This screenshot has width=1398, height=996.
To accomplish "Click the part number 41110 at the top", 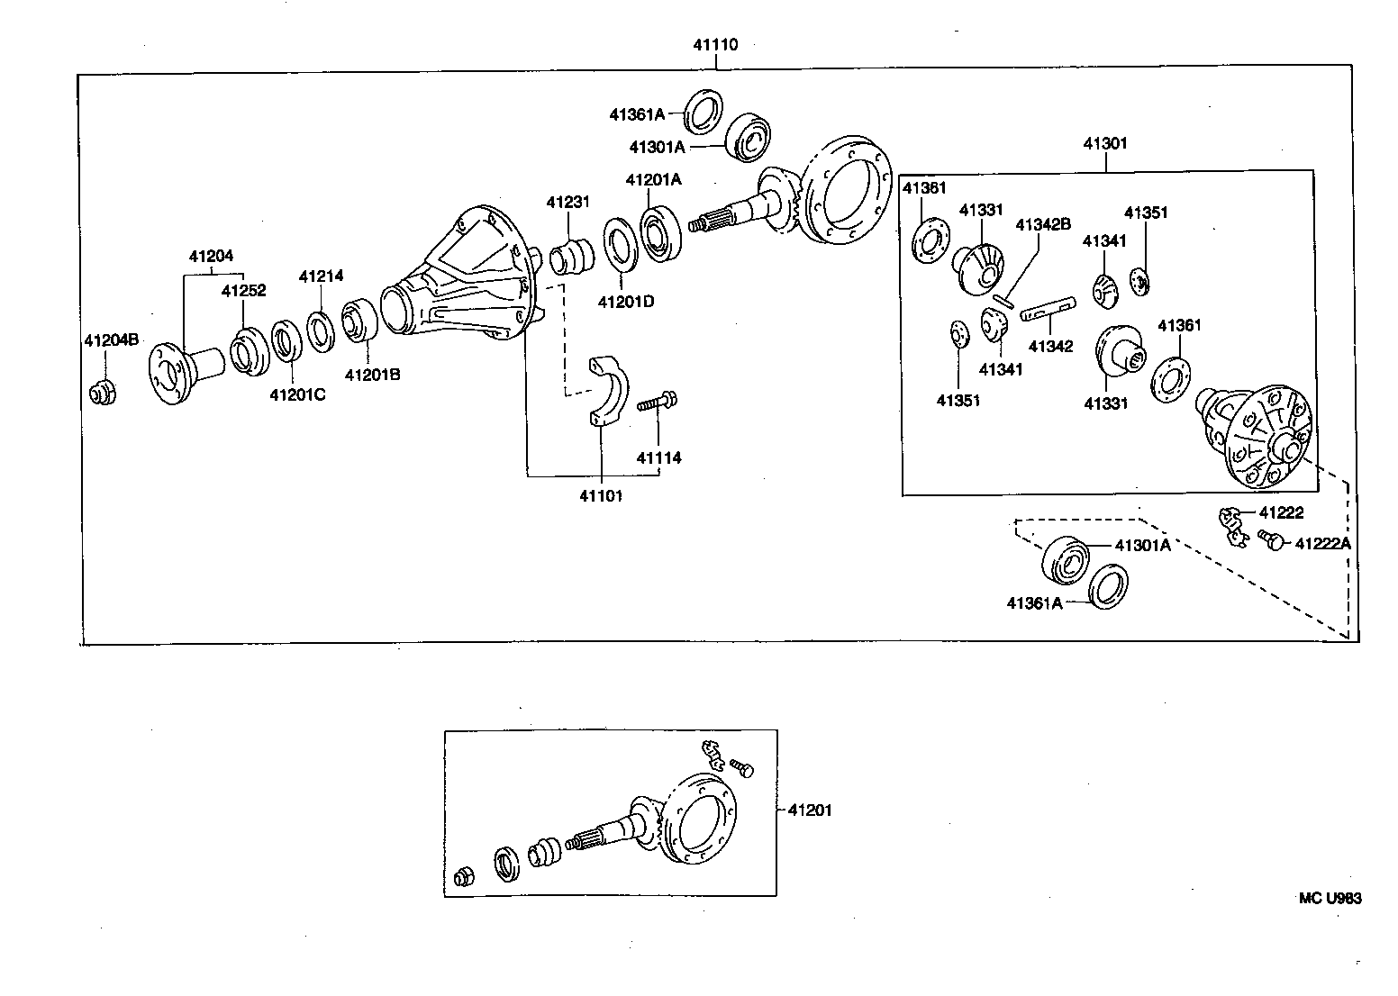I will pos(715,44).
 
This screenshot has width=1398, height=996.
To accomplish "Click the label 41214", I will pos(321,276).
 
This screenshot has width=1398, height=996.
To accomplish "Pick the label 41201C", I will pos(296,394).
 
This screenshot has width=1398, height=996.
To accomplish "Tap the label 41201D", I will pos(625,301).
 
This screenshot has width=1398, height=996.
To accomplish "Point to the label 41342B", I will pos(1043,224).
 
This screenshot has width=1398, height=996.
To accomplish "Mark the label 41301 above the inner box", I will pos(1104,143).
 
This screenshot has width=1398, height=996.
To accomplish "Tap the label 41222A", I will pos(1322,543).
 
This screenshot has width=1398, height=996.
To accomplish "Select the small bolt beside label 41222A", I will pos(1271,540).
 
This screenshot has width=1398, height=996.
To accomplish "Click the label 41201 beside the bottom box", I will pos(810,810).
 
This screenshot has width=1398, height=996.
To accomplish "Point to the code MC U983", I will pos(1330,898).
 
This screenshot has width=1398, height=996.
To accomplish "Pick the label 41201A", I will pos(653,180).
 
